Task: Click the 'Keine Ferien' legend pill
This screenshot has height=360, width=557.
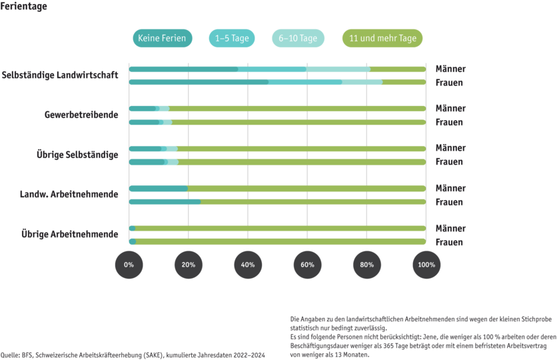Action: coord(162,39)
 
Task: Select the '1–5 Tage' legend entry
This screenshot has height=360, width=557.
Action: coord(233,39)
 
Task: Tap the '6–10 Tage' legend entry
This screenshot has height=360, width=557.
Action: coord(298,39)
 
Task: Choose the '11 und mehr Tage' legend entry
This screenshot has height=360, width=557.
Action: coord(382,39)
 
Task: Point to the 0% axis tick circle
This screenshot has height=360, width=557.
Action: coord(129,265)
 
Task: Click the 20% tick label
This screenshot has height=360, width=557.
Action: coord(188,265)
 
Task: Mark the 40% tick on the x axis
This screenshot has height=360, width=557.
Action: coord(248,265)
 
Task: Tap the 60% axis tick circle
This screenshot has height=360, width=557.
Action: coord(307,265)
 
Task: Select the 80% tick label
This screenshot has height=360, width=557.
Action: coord(367,265)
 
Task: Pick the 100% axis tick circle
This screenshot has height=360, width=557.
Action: coord(426,265)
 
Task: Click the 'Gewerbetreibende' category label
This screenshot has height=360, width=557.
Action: coord(81,115)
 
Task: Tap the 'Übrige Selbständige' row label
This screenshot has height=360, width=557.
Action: coord(77,155)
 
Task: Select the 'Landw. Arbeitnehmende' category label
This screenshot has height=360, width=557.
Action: coord(70,195)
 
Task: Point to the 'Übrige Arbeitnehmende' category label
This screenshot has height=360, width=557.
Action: coord(69,234)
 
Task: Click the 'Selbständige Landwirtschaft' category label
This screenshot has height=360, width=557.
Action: coord(60,75)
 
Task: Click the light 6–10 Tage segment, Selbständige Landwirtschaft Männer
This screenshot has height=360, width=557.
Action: coord(338,69)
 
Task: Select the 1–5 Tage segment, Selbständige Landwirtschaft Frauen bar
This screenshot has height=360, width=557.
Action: coord(305,82)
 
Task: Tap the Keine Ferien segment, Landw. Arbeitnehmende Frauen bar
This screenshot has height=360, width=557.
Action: coord(164,201)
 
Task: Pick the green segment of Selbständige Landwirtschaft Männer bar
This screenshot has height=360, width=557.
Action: coord(398,69)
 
